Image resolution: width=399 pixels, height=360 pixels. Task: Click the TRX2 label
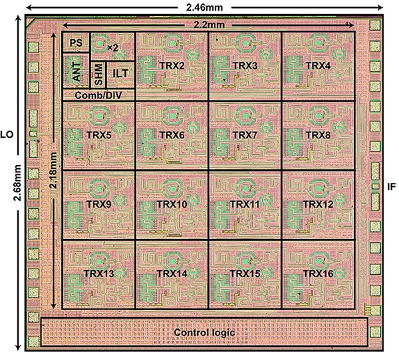pyautogui.click(x=172, y=66)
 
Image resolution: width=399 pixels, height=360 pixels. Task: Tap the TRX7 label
pyautogui.click(x=245, y=135)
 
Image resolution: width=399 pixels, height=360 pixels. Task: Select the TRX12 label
pyautogui.click(x=318, y=204)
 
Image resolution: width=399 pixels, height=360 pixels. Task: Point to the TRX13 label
pyautogui.click(x=99, y=274)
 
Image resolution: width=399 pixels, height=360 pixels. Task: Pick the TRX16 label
pyautogui.click(x=318, y=274)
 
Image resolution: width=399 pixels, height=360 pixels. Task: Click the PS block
pyautogui.click(x=76, y=43)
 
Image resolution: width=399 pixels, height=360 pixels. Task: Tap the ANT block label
pyautogui.click(x=76, y=73)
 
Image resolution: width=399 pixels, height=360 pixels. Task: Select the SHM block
pyautogui.click(x=98, y=75)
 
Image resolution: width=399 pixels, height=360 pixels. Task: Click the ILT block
pyautogui.click(x=120, y=75)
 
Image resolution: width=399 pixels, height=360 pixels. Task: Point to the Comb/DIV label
pyautogui.click(x=98, y=95)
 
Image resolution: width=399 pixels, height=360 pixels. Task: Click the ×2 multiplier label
pyautogui.click(x=113, y=47)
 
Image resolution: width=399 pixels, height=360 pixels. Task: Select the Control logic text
pyautogui.click(x=204, y=333)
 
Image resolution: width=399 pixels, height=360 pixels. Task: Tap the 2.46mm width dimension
pyautogui.click(x=204, y=7)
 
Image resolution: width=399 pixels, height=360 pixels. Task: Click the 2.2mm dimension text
pyautogui.click(x=209, y=25)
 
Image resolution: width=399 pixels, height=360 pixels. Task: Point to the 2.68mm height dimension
pyautogui.click(x=17, y=182)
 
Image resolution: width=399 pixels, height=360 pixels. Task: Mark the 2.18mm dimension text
pyautogui.click(x=53, y=170)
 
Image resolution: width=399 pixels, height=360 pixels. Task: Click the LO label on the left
pyautogui.click(x=7, y=134)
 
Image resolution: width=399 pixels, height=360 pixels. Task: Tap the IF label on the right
pyautogui.click(x=392, y=187)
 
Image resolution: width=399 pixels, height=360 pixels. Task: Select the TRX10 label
pyautogui.click(x=172, y=204)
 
